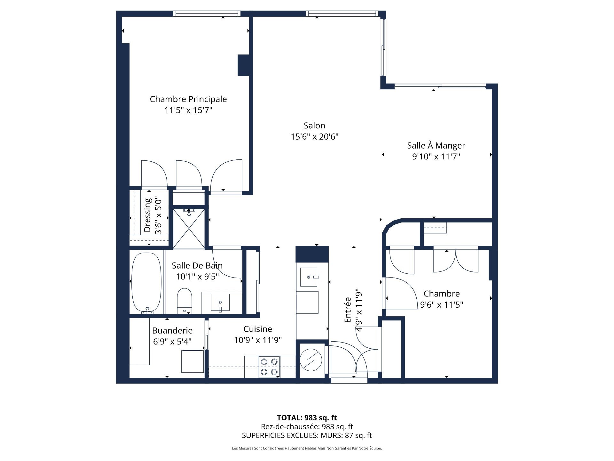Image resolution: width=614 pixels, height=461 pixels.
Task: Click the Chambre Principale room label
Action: coord(188,99)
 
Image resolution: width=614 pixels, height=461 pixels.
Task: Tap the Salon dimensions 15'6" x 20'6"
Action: coord(314,137)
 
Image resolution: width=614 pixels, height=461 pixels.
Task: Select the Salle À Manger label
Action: coord(436,146)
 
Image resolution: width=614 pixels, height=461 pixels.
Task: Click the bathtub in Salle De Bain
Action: coord(146,282)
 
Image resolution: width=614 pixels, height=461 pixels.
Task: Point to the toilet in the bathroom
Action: coord(184,300)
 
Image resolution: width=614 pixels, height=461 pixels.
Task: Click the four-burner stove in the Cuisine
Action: coord(269,367)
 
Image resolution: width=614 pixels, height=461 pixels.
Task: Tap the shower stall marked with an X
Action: coord(189,229)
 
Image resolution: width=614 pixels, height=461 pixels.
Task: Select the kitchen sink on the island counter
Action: coord(309,277)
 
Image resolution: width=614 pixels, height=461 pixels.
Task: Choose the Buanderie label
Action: coord(172,331)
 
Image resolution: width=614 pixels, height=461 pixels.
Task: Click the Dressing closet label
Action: coord(147,215)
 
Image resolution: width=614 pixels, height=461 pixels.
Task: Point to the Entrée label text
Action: coord(348,310)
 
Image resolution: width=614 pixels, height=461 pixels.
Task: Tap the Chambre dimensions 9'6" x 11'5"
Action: coord(441,305)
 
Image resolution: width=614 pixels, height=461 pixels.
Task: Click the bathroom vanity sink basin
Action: coord(220,302)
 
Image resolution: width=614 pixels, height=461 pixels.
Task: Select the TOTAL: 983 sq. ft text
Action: coord(307,418)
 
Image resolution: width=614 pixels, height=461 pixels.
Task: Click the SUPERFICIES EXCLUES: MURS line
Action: coord(307,435)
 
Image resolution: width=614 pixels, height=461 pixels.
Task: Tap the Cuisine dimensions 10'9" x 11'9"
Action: coord(257,340)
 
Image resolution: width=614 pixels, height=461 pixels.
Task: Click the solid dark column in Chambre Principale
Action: coord(243,65)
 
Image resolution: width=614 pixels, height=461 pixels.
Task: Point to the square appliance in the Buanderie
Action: coord(193,361)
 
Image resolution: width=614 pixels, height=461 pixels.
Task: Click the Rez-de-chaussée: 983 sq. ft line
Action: coord(307,427)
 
